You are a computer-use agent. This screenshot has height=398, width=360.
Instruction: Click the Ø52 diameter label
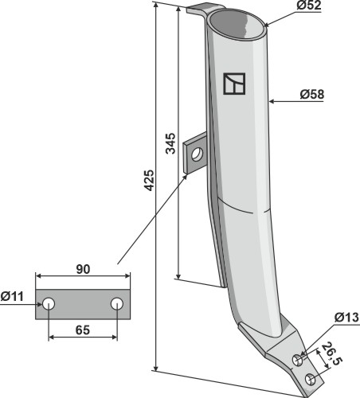309,6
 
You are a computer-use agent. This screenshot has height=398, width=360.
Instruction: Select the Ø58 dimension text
312,95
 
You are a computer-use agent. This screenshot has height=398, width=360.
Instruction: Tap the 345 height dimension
170,143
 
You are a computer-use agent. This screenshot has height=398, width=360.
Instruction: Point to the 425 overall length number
149,181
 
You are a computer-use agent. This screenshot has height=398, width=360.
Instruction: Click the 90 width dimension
83,269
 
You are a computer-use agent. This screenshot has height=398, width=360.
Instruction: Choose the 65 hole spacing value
83,330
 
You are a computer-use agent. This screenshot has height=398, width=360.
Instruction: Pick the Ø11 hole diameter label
12,296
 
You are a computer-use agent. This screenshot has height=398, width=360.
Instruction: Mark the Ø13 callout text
346,318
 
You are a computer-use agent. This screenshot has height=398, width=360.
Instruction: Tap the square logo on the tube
234,84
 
